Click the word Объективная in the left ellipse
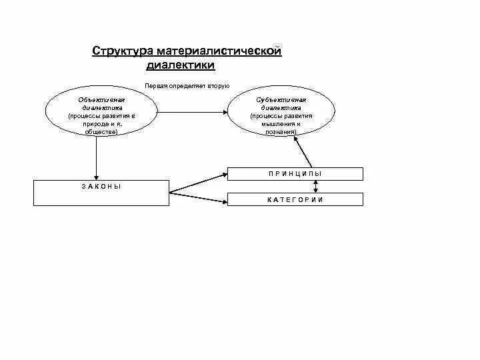click(97, 99)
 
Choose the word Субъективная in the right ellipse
click(281, 99)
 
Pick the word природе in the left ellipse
click(91, 124)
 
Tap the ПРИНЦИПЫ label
click(295, 173)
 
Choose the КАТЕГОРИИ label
click(295, 199)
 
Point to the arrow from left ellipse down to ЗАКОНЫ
click(97, 157)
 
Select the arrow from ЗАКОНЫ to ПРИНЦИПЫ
click(198, 183)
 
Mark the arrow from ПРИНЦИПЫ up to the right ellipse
click(303, 151)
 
